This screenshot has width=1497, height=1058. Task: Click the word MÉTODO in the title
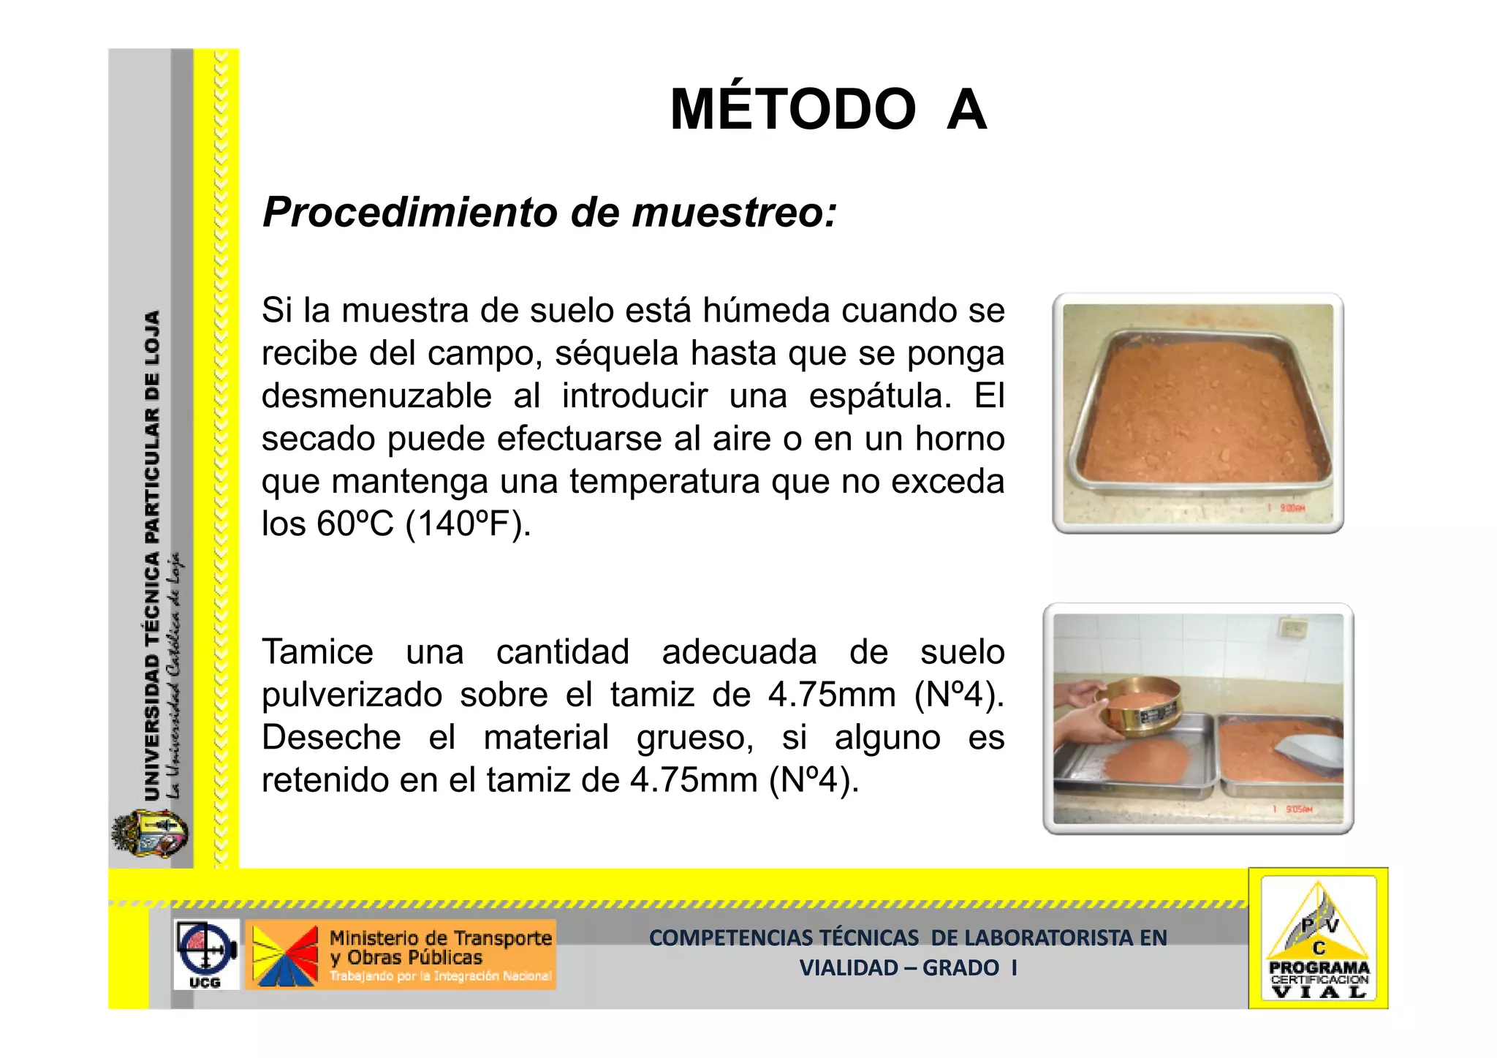coord(792,110)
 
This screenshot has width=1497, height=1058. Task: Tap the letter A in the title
coord(966,110)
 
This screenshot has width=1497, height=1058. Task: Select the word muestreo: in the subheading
coord(734,213)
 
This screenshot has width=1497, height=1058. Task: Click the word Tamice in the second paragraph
coord(318,651)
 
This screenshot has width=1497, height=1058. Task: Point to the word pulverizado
coord(352,695)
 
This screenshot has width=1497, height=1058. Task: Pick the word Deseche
coord(331,737)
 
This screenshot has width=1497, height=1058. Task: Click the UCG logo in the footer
coord(205,955)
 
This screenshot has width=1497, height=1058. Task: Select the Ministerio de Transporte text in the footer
coord(441,938)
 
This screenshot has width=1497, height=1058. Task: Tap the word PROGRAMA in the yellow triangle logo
coord(1319,967)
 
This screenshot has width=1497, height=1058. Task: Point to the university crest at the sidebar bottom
coord(150,834)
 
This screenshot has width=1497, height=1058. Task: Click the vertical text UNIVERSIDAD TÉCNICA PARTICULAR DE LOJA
coord(151,556)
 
